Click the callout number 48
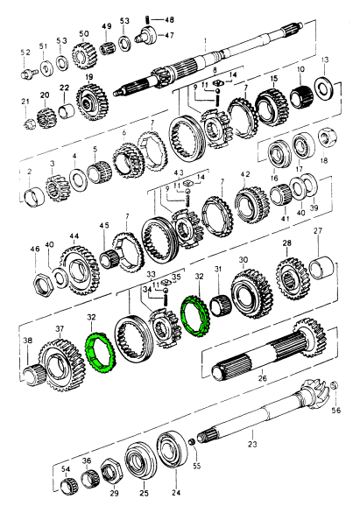point(169,19)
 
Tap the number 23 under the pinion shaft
point(252,444)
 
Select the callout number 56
point(335,411)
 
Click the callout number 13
point(325,60)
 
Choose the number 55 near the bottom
point(196,466)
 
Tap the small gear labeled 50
point(83,55)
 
